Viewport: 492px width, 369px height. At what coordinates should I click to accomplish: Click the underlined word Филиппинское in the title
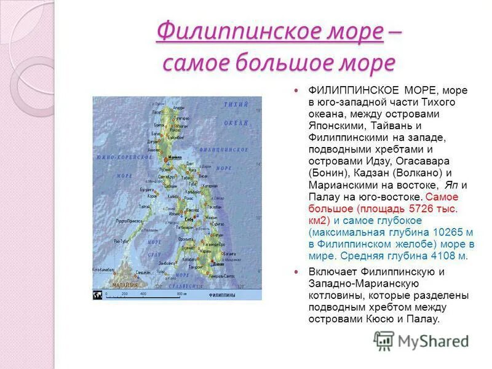click(269, 31)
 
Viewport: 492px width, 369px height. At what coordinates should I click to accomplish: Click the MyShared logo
click(421, 340)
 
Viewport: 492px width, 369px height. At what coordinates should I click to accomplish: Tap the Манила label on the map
click(175, 157)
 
